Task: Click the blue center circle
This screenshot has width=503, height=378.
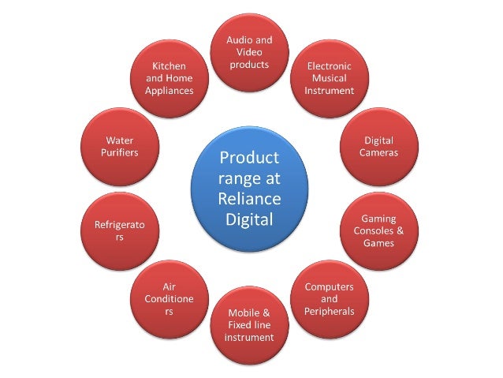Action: coord(249,188)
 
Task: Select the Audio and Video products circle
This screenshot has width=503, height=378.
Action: coord(249,53)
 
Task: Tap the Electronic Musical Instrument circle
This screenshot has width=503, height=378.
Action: coord(329,78)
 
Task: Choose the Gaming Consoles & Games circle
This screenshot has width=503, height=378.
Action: coord(378,230)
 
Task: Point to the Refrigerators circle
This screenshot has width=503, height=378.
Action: coord(120,230)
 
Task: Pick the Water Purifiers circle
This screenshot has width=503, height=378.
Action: coord(120,146)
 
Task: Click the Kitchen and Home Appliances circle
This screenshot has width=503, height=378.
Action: coord(169,78)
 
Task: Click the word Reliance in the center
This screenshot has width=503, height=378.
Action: coord(249,197)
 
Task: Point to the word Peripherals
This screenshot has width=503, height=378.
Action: coord(329,311)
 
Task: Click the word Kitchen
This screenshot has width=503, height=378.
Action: coord(169,66)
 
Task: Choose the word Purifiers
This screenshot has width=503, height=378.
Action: coord(120,152)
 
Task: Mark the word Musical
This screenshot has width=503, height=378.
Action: coord(329,78)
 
